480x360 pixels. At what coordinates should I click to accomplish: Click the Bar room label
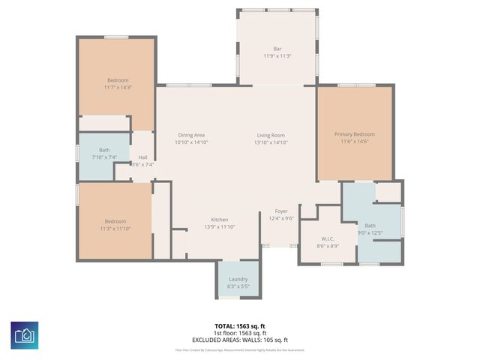(x=277, y=49)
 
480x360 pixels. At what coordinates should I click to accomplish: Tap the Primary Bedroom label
(x=354, y=134)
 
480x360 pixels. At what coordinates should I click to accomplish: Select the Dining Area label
(x=191, y=135)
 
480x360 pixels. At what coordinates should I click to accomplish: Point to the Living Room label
(x=270, y=135)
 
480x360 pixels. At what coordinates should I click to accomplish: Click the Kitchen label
(x=219, y=220)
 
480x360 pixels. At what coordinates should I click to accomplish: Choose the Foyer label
(x=280, y=211)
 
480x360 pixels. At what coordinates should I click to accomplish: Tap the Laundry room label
(x=238, y=280)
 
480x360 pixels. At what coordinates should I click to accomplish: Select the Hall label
(x=142, y=157)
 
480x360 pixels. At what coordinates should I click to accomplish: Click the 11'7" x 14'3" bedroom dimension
(x=118, y=87)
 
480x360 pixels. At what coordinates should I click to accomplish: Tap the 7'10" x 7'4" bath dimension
(x=104, y=157)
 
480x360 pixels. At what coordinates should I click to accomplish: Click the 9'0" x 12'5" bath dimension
(x=370, y=232)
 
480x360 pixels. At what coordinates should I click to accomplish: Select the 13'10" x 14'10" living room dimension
(x=270, y=142)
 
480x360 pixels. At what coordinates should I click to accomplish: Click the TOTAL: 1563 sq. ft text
(x=241, y=326)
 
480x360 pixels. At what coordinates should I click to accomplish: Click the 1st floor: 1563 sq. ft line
(x=241, y=332)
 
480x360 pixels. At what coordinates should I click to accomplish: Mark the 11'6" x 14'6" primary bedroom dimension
(x=354, y=141)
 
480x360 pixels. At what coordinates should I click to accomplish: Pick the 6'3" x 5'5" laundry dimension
(x=238, y=286)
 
